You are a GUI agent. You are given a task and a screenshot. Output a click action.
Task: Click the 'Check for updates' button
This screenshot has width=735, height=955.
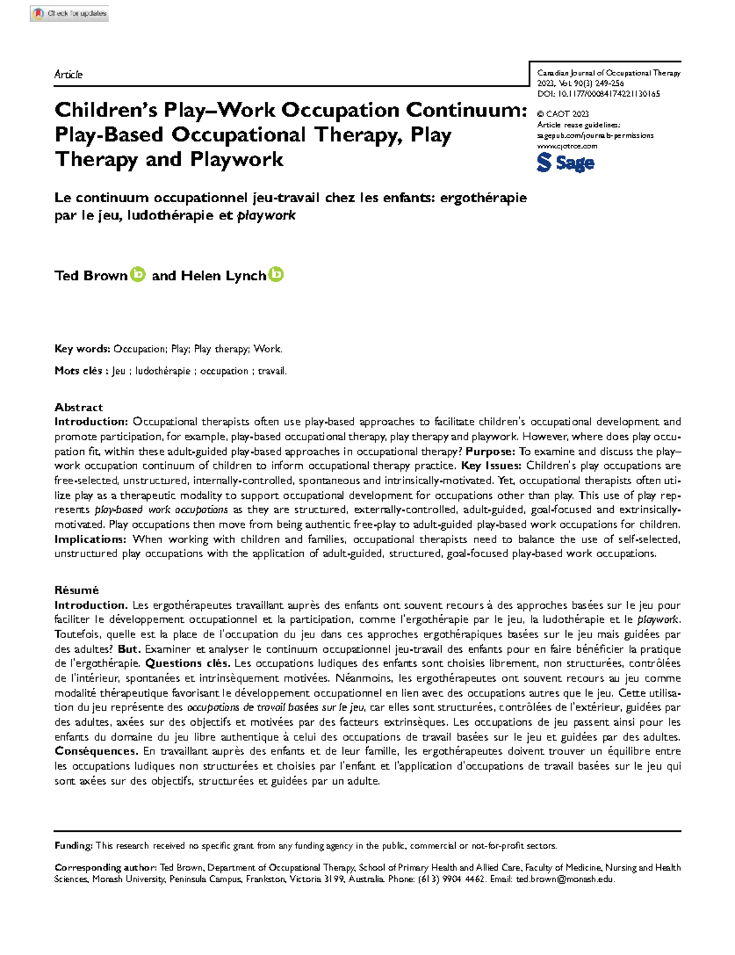pyautogui.click(x=69, y=13)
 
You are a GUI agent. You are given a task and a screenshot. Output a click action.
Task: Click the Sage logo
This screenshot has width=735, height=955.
pyautogui.click(x=565, y=162)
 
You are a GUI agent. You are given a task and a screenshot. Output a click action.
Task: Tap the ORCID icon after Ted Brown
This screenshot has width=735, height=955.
pyautogui.click(x=138, y=275)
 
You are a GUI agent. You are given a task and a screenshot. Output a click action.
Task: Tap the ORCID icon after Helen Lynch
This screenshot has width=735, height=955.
pyautogui.click(x=276, y=275)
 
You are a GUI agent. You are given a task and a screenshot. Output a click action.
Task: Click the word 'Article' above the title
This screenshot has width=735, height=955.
pyautogui.click(x=68, y=74)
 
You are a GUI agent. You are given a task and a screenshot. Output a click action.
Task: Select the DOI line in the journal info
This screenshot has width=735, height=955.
pyautogui.click(x=598, y=94)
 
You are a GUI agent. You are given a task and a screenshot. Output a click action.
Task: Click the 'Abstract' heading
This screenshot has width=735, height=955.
pyautogui.click(x=78, y=407)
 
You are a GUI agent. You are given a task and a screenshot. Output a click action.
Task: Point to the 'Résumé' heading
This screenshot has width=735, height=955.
pyautogui.click(x=77, y=590)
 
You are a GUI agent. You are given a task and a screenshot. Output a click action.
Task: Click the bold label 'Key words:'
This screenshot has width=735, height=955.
pyautogui.click(x=82, y=349)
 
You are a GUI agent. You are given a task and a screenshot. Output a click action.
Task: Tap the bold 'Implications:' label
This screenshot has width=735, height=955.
pyautogui.click(x=91, y=539)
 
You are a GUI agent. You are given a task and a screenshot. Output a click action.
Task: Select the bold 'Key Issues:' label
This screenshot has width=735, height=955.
pyautogui.click(x=491, y=466)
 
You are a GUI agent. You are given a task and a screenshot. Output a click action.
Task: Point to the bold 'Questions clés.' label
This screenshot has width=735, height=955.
pyautogui.click(x=188, y=663)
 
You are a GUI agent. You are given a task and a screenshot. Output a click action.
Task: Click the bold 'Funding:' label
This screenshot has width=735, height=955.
pyautogui.click(x=73, y=846)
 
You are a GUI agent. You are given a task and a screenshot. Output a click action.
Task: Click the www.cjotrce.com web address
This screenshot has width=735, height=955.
pyautogui.click(x=567, y=146)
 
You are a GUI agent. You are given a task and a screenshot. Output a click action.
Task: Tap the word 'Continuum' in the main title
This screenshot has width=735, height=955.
pyautogui.click(x=466, y=110)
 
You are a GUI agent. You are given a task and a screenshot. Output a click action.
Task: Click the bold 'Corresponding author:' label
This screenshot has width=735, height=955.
pyautogui.click(x=105, y=867)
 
